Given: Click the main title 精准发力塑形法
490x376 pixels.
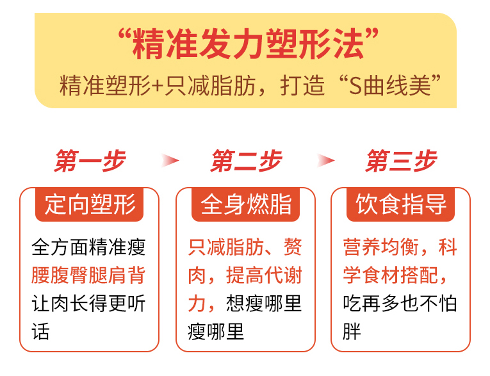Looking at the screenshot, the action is pyautogui.click(x=249, y=44).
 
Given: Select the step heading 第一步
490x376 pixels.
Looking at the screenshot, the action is pyautogui.click(x=90, y=161).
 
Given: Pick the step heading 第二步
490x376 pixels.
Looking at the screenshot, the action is pyautogui.click(x=247, y=161).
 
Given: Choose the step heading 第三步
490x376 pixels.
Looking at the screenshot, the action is pyautogui.click(x=402, y=161).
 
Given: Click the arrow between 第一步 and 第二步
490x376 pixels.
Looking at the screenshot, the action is pyautogui.click(x=170, y=161).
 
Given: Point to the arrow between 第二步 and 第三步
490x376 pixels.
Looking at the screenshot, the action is pyautogui.click(x=325, y=161).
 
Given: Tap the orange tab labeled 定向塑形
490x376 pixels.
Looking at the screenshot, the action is pyautogui.click(x=90, y=205).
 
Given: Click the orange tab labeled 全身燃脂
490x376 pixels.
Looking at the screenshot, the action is pyautogui.click(x=245, y=205).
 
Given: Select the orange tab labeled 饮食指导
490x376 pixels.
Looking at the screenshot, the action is pyautogui.click(x=400, y=205).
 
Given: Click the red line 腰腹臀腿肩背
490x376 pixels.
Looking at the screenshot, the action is pyautogui.click(x=88, y=275).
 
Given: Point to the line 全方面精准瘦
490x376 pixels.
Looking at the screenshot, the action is pyautogui.click(x=88, y=247).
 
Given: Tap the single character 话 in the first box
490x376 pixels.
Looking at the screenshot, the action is pyautogui.click(x=40, y=332).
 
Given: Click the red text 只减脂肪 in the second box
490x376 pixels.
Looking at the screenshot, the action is pyautogui.click(x=226, y=247).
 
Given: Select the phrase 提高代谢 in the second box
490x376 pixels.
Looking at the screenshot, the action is pyautogui.click(x=264, y=275).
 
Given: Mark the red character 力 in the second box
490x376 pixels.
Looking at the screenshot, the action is pyautogui.click(x=197, y=304).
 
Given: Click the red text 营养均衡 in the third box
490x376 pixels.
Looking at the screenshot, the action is pyautogui.click(x=381, y=247).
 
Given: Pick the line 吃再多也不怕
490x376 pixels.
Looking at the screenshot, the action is pyautogui.click(x=400, y=304).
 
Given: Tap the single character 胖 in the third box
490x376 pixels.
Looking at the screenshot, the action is pyautogui.click(x=352, y=332).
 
